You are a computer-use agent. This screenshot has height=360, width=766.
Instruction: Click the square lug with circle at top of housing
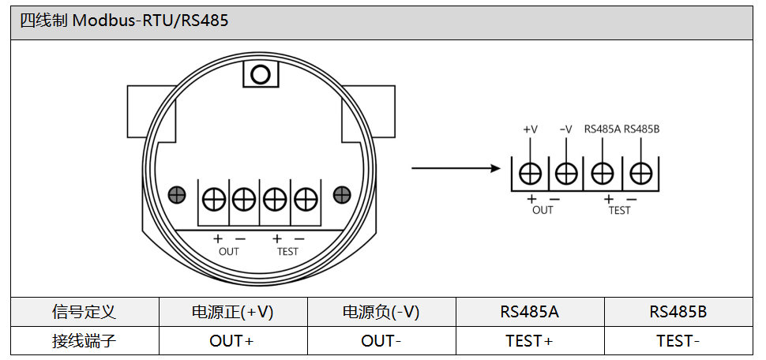261,75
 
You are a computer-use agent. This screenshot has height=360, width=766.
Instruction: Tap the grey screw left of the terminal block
178,194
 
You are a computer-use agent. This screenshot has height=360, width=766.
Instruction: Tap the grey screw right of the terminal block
342,194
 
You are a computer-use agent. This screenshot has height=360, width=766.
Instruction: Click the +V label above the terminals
530,129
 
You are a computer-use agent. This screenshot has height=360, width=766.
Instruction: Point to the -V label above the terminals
565,129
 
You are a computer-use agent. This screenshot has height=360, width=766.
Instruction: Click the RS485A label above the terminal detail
603,129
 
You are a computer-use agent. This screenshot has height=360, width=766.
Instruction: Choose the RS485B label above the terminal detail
641,129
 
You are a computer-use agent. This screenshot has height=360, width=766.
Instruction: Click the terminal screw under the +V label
530,172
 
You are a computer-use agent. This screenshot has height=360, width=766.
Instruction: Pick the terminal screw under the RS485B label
640,172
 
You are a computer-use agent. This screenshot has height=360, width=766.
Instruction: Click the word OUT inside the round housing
228,252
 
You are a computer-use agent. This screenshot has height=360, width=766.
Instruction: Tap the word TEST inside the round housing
287,252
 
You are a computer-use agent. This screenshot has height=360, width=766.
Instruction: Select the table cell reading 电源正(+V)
233,312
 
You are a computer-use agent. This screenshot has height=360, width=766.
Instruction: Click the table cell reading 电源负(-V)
381,312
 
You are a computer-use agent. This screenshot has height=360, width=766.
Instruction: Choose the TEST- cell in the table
678,341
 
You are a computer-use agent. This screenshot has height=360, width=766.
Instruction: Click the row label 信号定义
84,312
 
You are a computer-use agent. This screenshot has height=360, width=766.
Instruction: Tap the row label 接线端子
84,341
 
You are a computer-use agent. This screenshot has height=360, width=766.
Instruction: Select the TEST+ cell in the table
529,341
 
